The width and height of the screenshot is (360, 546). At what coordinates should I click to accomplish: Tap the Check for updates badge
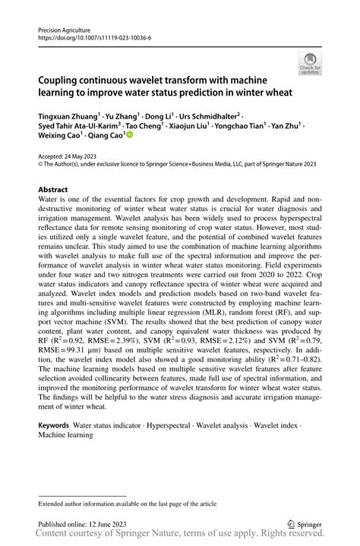(x=309, y=64)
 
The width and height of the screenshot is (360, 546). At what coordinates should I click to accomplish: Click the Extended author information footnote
(x=122, y=503)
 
